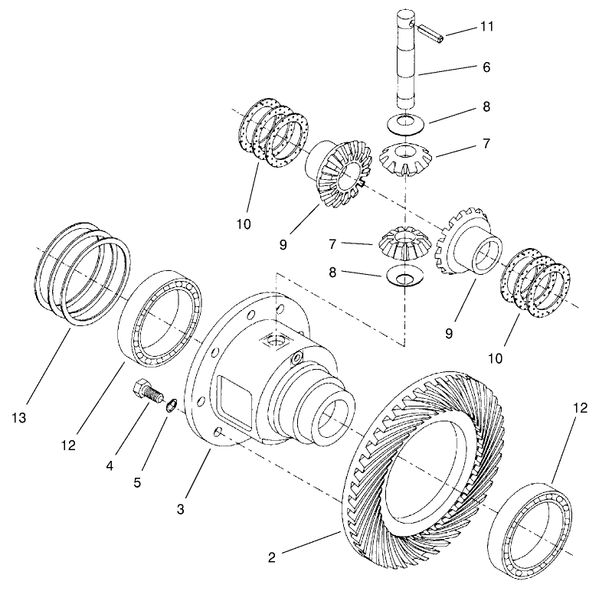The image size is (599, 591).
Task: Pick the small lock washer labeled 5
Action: [174, 405]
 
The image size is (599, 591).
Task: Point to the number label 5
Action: [139, 483]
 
